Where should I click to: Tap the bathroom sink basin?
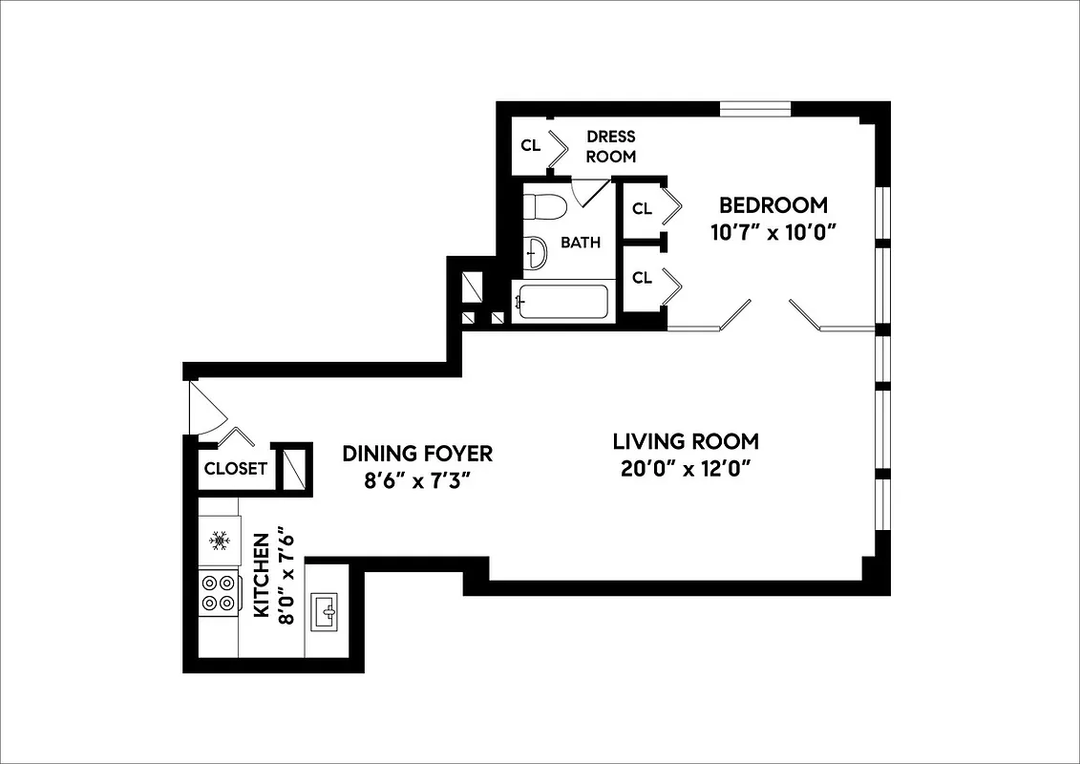[x=537, y=253]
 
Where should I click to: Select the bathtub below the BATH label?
[x=561, y=303]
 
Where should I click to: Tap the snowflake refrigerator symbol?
[x=219, y=541]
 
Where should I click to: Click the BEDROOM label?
[x=773, y=205]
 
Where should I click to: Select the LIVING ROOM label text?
[x=686, y=441]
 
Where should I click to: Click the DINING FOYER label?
[x=417, y=453]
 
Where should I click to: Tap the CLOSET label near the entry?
[x=235, y=469]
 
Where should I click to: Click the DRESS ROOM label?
[x=610, y=146]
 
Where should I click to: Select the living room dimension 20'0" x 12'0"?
[x=686, y=469]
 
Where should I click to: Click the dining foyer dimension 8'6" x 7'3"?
[x=417, y=480]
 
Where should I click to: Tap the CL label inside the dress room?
[x=530, y=145]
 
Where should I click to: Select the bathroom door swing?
[x=589, y=193]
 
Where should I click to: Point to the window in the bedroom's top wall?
[x=754, y=109]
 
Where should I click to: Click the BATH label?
[x=580, y=243]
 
